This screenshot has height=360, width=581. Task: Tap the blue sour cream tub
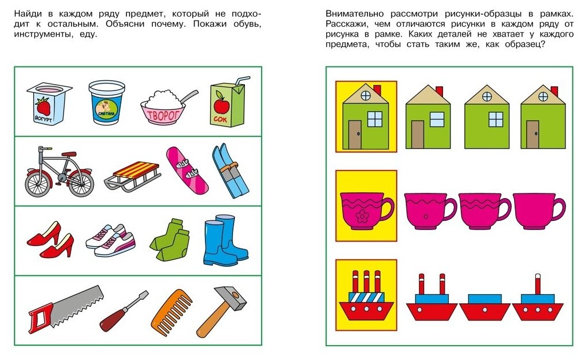tap(106, 102)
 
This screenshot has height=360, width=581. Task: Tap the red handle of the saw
tap(40, 314)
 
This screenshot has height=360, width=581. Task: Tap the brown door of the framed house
tap(355, 135)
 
